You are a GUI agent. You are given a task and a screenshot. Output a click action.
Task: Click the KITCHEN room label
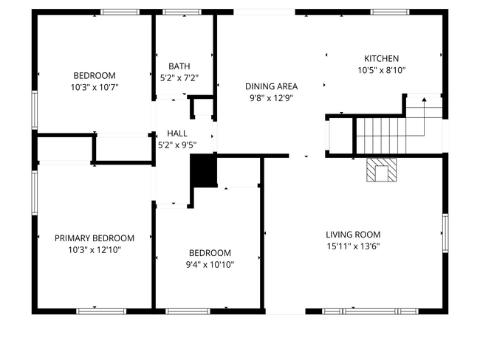pos(381,59)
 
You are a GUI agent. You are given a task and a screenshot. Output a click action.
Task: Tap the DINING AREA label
pos(270,86)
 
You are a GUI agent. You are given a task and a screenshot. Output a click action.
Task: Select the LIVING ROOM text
pos(353,235)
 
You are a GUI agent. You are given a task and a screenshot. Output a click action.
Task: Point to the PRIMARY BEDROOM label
pos(95,238)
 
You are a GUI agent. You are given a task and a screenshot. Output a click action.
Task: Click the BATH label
pos(179,66)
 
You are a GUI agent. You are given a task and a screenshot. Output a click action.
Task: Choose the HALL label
pos(177,133)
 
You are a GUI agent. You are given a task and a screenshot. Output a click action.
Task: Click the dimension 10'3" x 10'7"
pos(95,87)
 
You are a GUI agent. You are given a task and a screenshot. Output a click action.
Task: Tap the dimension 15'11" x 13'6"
pos(353,246)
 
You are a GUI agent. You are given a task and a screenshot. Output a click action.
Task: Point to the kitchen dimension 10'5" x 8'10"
pos(381,71)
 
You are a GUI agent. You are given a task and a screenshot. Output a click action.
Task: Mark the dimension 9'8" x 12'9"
pos(270,97)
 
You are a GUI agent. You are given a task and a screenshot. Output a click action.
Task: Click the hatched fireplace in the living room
pos(382,170)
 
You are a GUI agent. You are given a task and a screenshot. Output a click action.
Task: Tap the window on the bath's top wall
pos(176,12)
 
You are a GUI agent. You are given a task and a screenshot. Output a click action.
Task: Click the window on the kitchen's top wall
pos(390,12)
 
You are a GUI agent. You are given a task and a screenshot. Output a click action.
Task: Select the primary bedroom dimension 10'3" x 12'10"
pos(95,250)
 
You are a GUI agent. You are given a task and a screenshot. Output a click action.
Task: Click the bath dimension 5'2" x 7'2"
pos(179,77)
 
